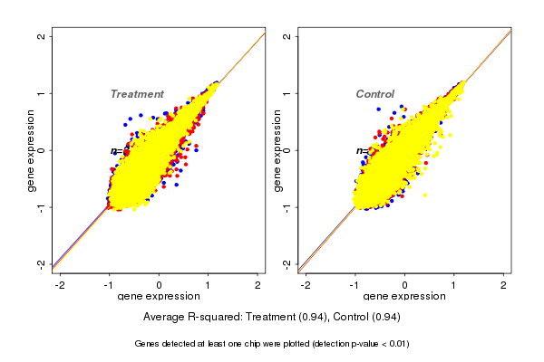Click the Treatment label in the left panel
(x=137, y=94)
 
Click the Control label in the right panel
(x=374, y=94)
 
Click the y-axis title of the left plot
(x=32, y=150)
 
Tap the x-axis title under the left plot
(x=160, y=297)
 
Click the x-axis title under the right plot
(x=405, y=297)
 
